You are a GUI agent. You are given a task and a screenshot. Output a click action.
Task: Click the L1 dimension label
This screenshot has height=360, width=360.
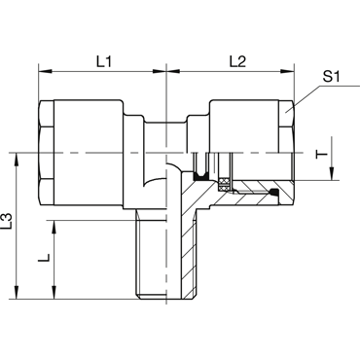point(104,61)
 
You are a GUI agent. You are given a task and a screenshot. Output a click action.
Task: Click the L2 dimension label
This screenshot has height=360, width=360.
point(237,61)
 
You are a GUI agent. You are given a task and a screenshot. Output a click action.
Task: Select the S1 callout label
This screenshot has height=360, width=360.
point(331,77)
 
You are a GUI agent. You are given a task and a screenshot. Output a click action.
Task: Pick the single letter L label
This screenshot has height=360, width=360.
point(44,258)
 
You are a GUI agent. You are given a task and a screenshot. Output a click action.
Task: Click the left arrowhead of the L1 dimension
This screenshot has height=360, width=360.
point(45,71)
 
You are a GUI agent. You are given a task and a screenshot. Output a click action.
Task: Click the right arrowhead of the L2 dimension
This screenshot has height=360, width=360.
point(287,71)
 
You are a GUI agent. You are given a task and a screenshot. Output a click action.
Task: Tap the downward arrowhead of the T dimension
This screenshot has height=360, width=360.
point(332,173)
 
